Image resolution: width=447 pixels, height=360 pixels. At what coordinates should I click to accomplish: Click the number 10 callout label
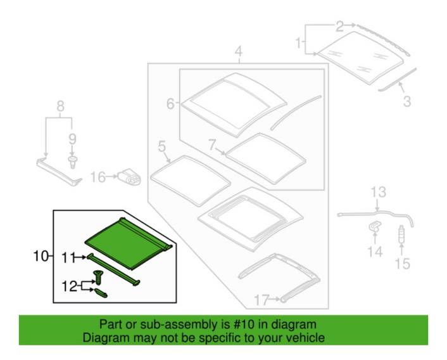click(x=41, y=256)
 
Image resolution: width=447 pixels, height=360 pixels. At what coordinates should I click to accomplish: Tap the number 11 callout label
click(x=68, y=258)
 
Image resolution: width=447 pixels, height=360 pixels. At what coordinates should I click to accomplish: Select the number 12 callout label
click(x=70, y=286)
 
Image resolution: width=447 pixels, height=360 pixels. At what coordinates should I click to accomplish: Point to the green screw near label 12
click(x=98, y=277)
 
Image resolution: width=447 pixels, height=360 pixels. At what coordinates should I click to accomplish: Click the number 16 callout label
click(x=98, y=177)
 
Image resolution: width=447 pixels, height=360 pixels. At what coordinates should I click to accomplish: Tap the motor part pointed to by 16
click(x=130, y=177)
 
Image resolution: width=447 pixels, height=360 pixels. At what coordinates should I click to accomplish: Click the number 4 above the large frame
click(x=239, y=51)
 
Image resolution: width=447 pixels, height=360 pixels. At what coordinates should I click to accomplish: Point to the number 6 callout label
click(x=170, y=103)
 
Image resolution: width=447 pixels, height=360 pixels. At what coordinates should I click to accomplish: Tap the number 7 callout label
click(x=212, y=145)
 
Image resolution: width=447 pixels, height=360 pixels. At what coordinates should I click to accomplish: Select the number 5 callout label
click(x=161, y=146)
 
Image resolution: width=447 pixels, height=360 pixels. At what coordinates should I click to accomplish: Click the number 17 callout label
click(x=261, y=300)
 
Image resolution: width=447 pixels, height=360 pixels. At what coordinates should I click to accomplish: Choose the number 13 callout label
click(x=378, y=192)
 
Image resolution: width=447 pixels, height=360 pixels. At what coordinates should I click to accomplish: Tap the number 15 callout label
click(x=403, y=264)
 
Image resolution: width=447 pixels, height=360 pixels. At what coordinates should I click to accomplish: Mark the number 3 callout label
click(x=407, y=101)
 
